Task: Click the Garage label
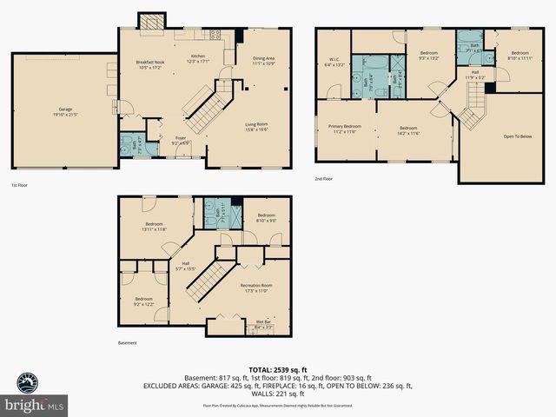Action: (60, 111)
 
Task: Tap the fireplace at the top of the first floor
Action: (153, 22)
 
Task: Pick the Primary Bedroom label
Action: (344, 129)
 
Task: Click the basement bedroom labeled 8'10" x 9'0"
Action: (265, 218)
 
